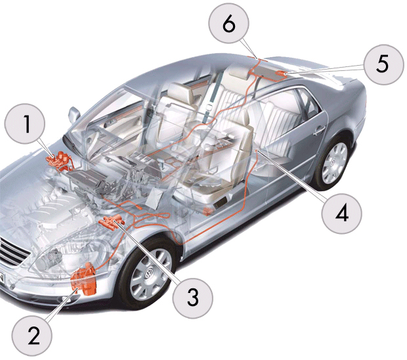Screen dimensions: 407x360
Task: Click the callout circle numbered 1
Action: pyautogui.click(x=25, y=124)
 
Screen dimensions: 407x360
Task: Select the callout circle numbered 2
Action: pyautogui.click(x=32, y=336)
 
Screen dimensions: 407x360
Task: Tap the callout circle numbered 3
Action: pyautogui.click(x=193, y=298)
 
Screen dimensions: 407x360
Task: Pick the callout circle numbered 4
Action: pyautogui.click(x=341, y=214)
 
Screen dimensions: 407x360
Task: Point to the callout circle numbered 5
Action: pyautogui.click(x=384, y=64)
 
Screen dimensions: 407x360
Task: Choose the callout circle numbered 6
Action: pyautogui.click(x=228, y=24)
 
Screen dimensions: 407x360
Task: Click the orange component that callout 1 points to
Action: pyautogui.click(x=60, y=161)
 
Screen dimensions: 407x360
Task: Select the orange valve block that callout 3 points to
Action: pyautogui.click(x=112, y=222)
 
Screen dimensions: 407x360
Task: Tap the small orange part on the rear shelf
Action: pyautogui.click(x=280, y=74)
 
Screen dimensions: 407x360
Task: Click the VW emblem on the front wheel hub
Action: pyautogui.click(x=149, y=275)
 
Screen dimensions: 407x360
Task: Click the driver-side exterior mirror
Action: pyautogui.click(x=74, y=114)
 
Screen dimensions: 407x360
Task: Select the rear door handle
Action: pyautogui.click(x=319, y=131)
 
